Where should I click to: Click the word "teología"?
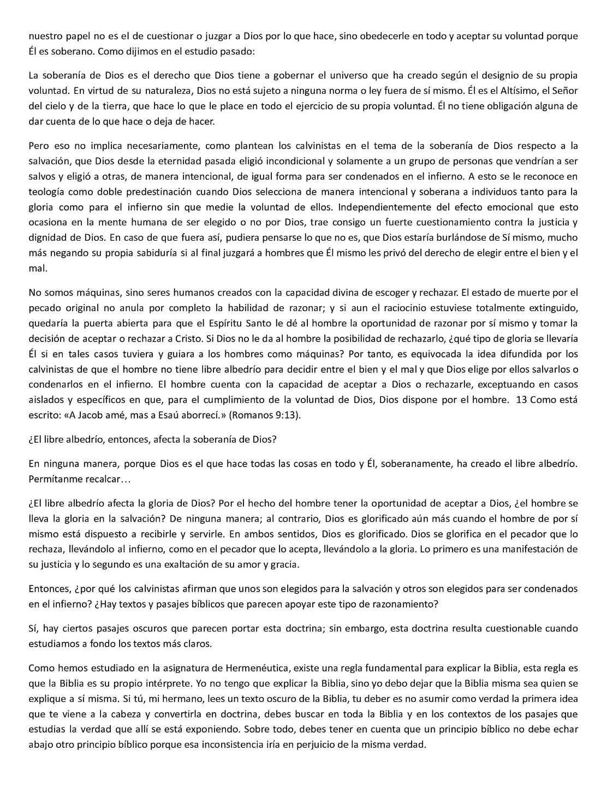tap(45, 192)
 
